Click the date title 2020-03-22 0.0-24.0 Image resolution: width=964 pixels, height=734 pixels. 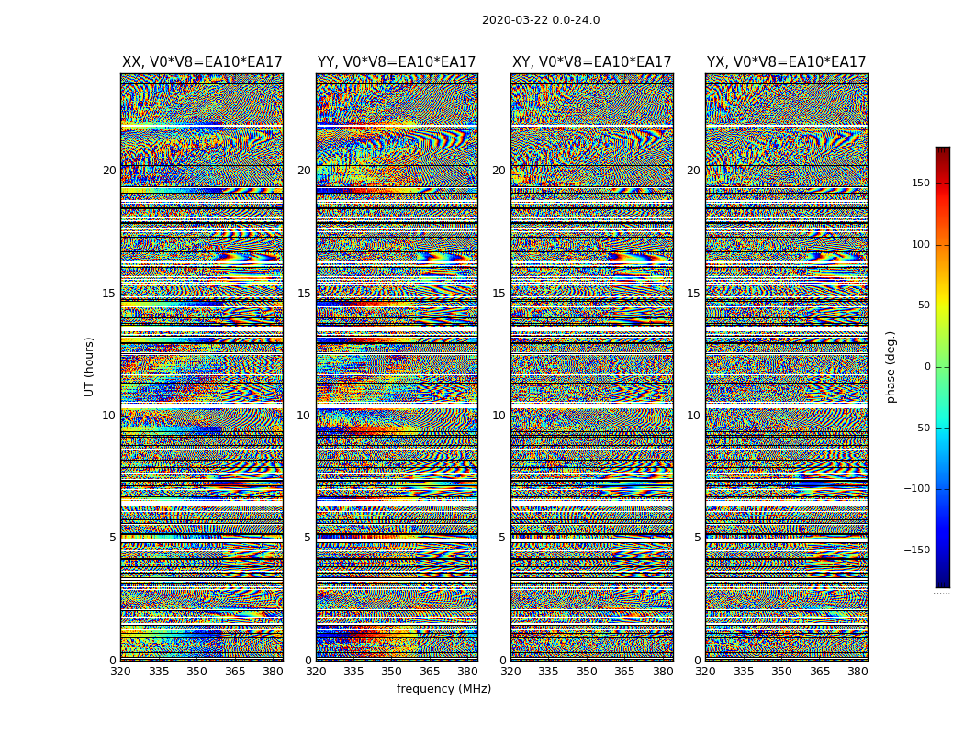[x=541, y=20]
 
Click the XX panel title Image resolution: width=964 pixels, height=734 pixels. [x=202, y=62]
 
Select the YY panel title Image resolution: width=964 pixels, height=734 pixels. [x=397, y=62]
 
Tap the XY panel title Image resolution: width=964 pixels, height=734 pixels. [x=591, y=62]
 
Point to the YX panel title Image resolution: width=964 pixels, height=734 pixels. [x=786, y=62]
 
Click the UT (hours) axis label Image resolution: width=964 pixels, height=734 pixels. [x=89, y=366]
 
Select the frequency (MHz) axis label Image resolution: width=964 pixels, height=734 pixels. [x=443, y=689]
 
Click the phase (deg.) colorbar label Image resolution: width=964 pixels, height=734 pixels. [x=891, y=366]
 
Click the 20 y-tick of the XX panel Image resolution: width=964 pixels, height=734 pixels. [x=109, y=171]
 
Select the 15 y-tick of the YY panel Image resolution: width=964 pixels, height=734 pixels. [x=304, y=294]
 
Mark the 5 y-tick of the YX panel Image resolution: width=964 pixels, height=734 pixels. [x=697, y=538]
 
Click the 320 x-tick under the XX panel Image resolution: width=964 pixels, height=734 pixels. [x=120, y=672]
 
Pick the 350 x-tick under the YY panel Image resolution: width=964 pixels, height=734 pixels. [x=392, y=672]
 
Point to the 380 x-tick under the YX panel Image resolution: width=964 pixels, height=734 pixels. [x=858, y=672]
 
